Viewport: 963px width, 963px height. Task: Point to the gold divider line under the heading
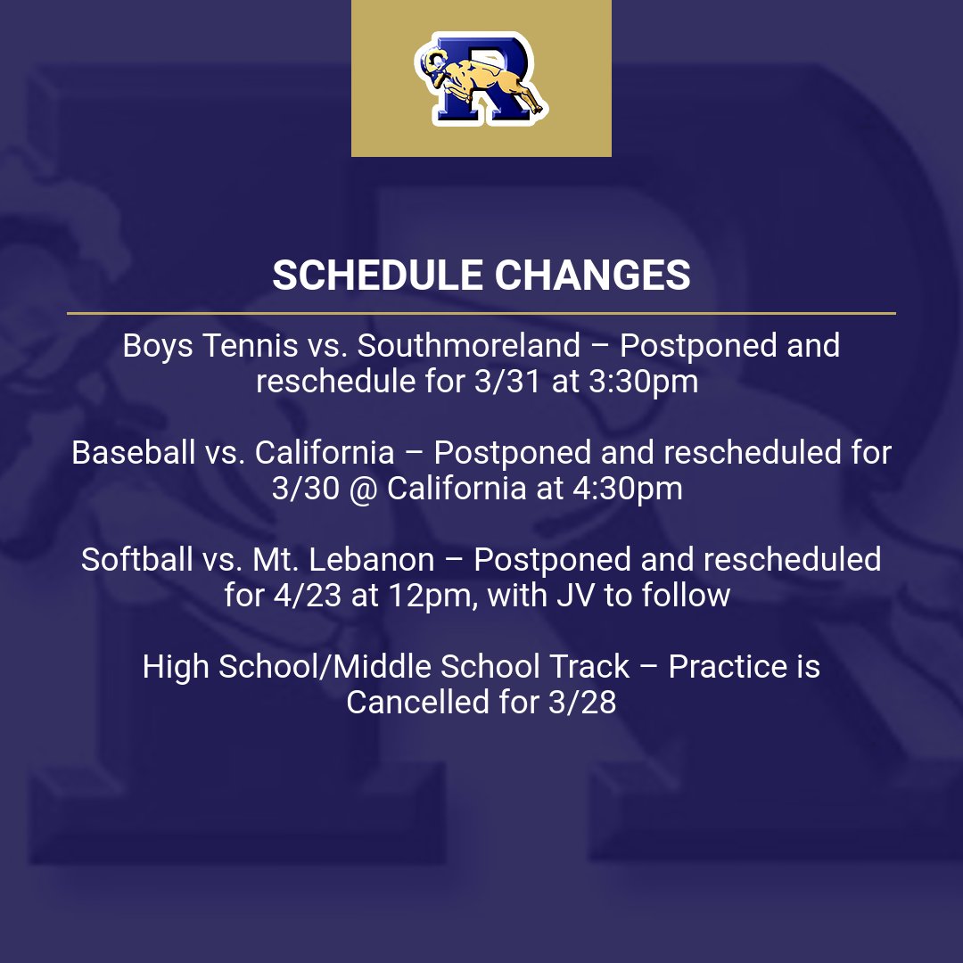[481, 313]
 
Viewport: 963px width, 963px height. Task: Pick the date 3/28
[576, 703]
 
